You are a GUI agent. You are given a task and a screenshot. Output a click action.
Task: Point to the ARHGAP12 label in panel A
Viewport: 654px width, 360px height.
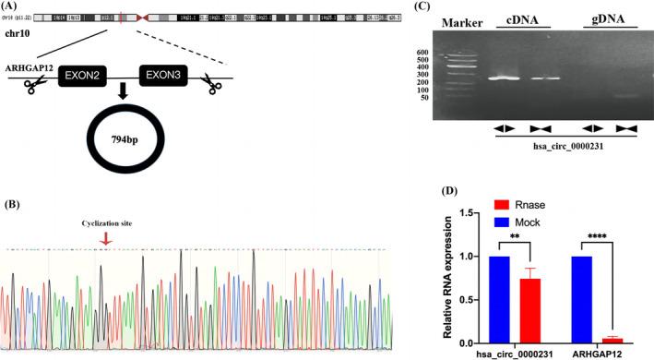(29, 68)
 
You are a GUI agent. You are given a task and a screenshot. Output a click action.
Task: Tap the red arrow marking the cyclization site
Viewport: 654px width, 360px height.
(107, 238)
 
